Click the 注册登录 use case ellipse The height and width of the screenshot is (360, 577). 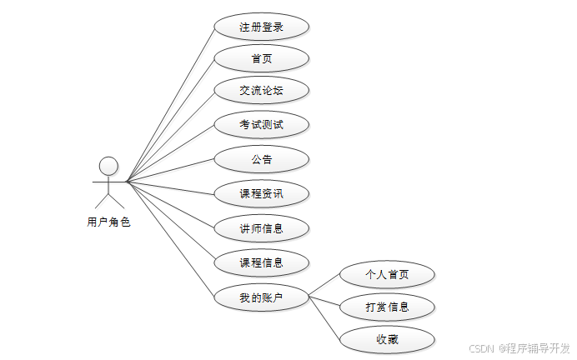[x=262, y=27]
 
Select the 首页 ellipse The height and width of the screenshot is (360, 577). [x=262, y=58]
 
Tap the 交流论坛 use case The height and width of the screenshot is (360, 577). [x=262, y=90]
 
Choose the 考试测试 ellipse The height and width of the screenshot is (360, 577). [x=262, y=125]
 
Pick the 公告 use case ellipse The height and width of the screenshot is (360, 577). [x=262, y=159]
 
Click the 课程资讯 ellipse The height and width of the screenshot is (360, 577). [x=262, y=194]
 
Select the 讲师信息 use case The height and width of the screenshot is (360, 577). [x=262, y=228]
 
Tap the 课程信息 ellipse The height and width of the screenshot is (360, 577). [x=262, y=262]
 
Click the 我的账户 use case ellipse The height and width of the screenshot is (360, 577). [x=262, y=297]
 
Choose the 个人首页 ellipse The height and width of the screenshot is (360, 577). [x=388, y=273]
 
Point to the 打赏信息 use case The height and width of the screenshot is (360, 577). [x=388, y=307]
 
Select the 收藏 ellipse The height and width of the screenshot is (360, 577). [x=388, y=339]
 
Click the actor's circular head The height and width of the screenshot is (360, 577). [x=108, y=165]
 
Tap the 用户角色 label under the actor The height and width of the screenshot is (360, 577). [x=108, y=222]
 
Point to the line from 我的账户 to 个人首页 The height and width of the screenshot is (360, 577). [x=326, y=285]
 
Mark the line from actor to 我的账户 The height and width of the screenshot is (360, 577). [x=171, y=240]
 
